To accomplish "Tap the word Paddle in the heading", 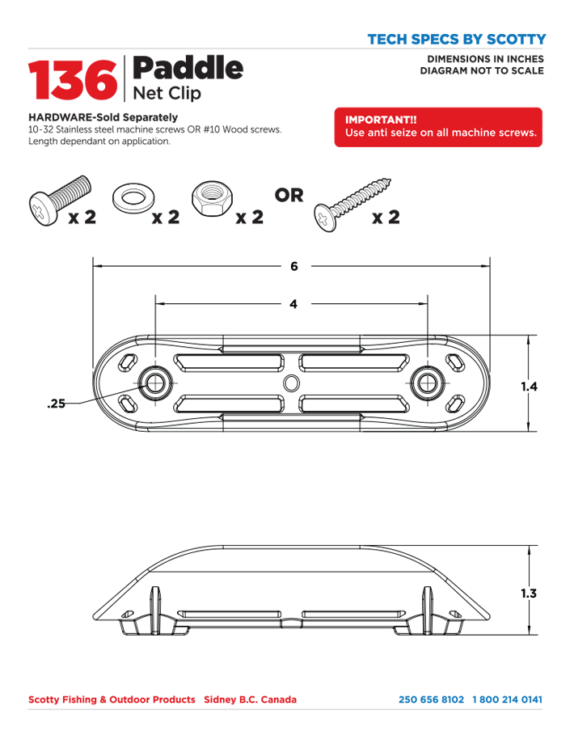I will pos(186,67).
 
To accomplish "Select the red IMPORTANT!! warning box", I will pos(438,127).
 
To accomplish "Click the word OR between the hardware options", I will pos(289,196).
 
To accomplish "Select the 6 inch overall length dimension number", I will pos(293,266).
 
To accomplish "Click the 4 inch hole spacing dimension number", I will pos(293,305).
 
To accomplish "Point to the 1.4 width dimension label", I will pos(529,387).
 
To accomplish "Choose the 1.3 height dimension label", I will pos(529,594).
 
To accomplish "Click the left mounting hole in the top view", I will pos(154,383).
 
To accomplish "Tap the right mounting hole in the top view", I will pos(427,383).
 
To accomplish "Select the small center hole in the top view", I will pos(292,382).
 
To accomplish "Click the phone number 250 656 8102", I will pos(431,700).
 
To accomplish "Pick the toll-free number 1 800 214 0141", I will pos(507,700).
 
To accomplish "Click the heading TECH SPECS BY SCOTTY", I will pos(456,39).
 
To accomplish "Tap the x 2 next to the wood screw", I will pos(386,218).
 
